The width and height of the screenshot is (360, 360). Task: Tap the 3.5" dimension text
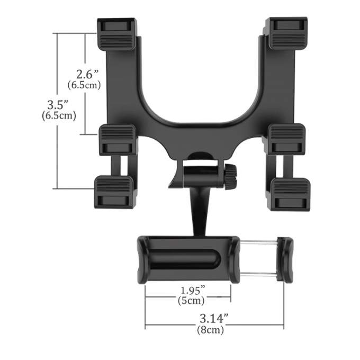pos(59,103)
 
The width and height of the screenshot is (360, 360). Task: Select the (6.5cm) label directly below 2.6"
pos(84,85)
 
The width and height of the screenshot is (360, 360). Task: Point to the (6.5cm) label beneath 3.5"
pos(59,115)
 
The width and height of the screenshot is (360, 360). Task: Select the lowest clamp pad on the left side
pos(114,192)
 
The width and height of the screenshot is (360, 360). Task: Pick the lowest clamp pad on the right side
pos(289,193)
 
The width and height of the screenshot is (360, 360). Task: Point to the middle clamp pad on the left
pos(119,140)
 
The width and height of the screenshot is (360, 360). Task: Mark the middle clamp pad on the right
pos(286,139)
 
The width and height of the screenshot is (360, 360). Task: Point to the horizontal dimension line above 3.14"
pos(214,325)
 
